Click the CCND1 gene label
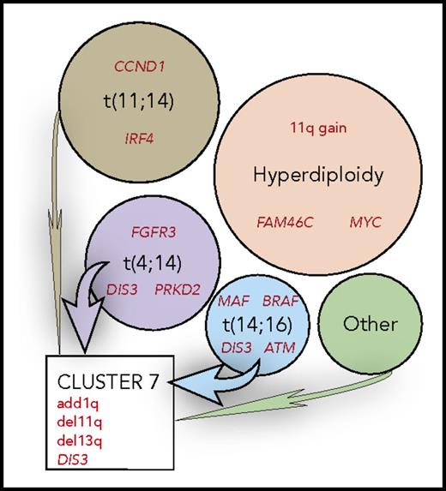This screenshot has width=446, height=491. click(133, 66)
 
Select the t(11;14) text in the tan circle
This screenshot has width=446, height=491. click(133, 101)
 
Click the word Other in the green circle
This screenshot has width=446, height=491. click(370, 324)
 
